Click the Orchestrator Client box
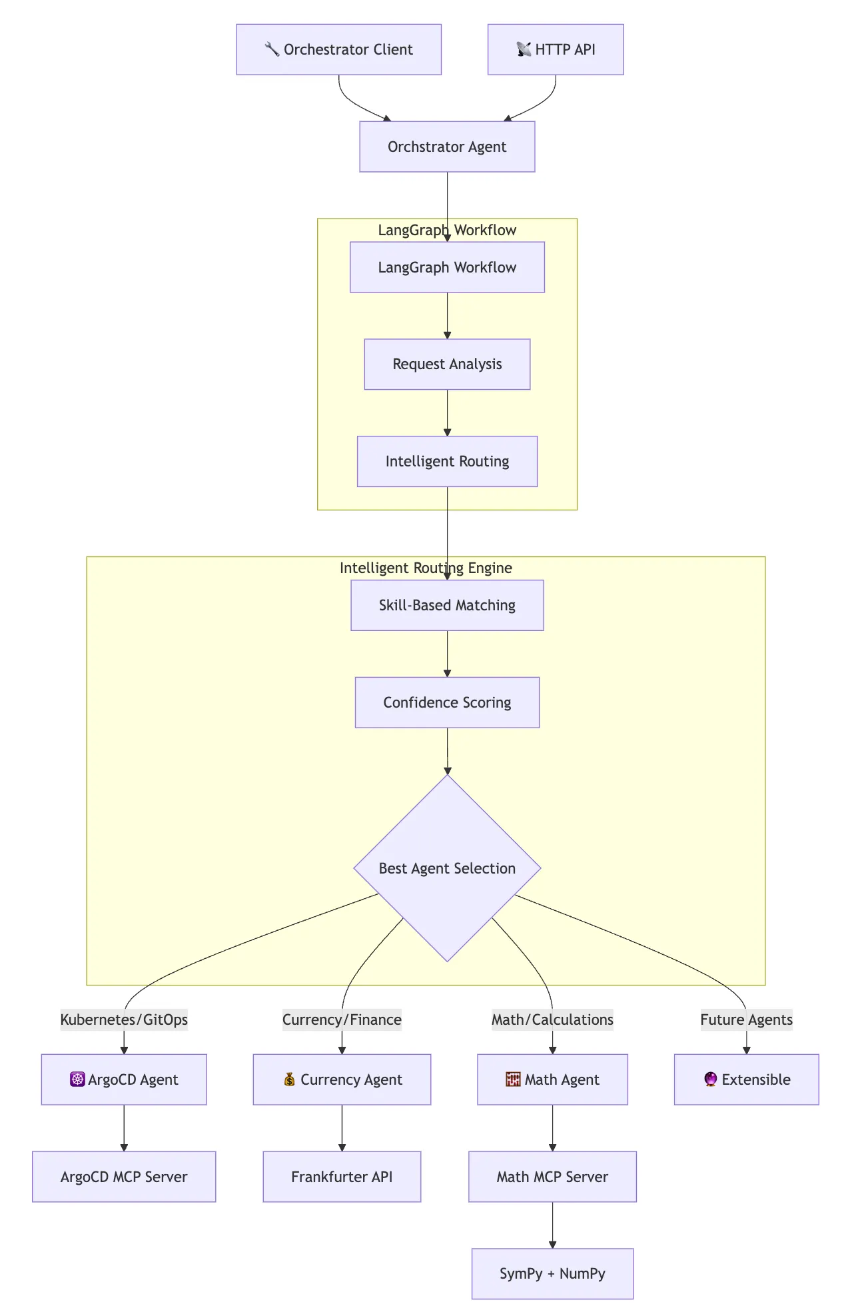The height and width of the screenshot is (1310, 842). (x=338, y=49)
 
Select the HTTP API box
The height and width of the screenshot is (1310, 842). (x=556, y=49)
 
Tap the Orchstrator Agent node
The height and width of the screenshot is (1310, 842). (x=447, y=147)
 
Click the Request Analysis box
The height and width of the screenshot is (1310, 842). (x=447, y=364)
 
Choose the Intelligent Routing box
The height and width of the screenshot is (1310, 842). (x=447, y=461)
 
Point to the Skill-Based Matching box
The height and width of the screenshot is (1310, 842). (x=447, y=605)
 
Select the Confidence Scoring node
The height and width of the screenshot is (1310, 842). (x=447, y=702)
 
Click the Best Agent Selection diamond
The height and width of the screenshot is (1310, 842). (x=447, y=868)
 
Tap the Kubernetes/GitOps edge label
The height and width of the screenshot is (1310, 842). (x=124, y=1019)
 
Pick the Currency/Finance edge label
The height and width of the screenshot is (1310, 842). (x=342, y=1019)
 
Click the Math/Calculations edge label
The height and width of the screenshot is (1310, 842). (x=552, y=1019)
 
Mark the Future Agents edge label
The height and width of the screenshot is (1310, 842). (x=746, y=1019)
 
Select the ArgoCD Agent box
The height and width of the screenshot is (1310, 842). (x=124, y=1079)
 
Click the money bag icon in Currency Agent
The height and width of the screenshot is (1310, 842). (x=289, y=1079)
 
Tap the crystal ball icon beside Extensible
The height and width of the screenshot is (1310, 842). (x=710, y=1079)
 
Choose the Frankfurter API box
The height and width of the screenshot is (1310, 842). (x=342, y=1177)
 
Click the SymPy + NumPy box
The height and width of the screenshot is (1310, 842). (x=552, y=1274)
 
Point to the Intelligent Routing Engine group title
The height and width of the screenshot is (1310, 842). (x=426, y=568)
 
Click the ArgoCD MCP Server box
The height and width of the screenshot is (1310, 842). (x=124, y=1177)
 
